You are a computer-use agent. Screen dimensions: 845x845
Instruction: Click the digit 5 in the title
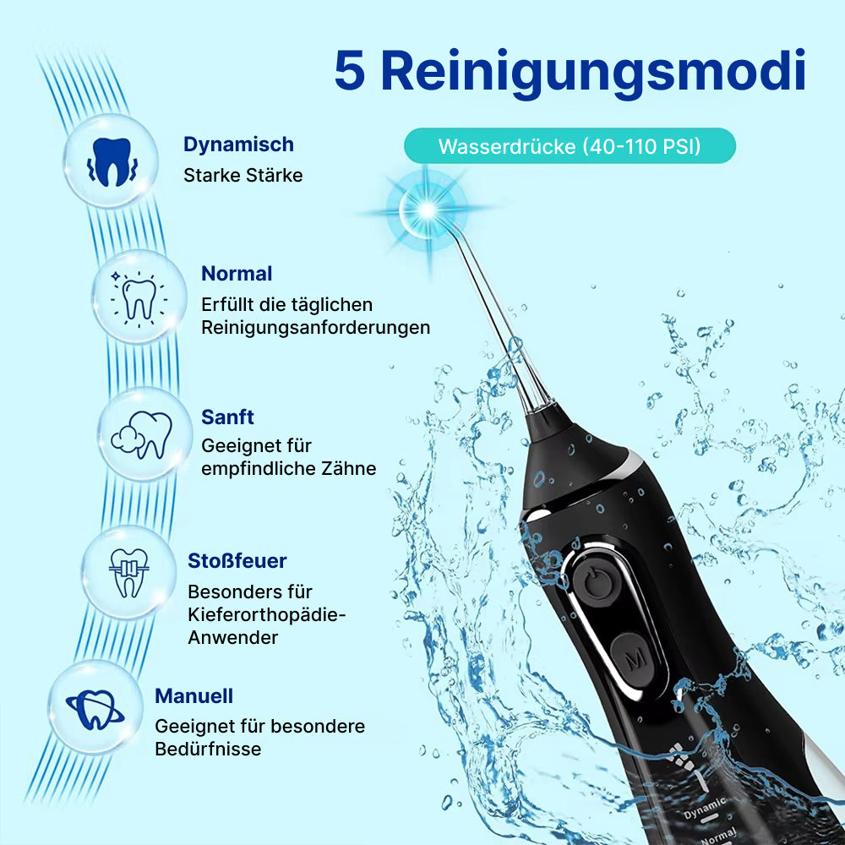[351, 71]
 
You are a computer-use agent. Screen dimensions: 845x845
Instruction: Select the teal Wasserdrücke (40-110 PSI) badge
[570, 146]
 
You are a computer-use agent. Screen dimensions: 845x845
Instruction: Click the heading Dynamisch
[239, 144]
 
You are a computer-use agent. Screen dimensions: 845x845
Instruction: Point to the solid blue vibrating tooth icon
[112, 161]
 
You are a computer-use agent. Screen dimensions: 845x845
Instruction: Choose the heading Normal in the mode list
[237, 274]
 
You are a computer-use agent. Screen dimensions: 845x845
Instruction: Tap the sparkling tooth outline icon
[139, 298]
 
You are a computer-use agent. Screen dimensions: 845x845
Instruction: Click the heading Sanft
[227, 417]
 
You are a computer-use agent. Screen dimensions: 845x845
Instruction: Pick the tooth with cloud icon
[142, 435]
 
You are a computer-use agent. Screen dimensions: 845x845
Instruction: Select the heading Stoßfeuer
[237, 561]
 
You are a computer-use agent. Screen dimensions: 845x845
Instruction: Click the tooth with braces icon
[128, 573]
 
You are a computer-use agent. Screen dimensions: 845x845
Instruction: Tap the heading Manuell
[194, 696]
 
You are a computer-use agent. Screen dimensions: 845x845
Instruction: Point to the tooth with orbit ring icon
[95, 709]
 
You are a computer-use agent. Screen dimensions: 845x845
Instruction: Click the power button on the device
[597, 582]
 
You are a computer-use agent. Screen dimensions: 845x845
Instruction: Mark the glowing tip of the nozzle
[427, 210]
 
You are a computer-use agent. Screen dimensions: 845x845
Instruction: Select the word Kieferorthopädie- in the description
[267, 614]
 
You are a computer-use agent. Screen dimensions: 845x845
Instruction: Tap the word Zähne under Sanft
[349, 468]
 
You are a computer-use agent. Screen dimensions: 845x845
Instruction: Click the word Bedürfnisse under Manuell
[208, 749]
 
